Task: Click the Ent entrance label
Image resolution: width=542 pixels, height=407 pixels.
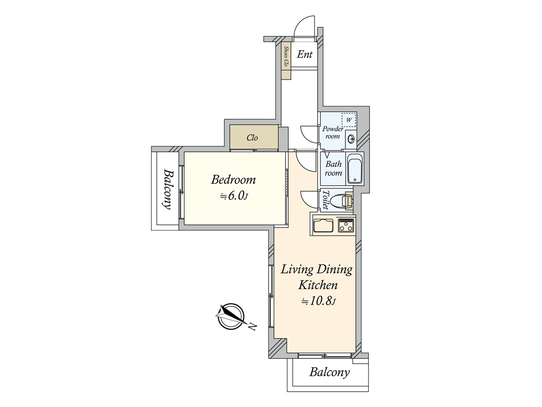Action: pos(305,54)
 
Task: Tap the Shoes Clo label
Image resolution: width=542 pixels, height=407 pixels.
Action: pos(286,56)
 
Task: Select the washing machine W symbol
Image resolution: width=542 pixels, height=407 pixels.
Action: pos(349,120)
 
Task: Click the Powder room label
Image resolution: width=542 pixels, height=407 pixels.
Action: pos(333,133)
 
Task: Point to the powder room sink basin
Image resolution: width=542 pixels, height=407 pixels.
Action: pos(351,139)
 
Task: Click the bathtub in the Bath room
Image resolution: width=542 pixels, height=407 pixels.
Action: pos(355,168)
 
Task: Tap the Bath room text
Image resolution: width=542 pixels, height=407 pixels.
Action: pos(334,168)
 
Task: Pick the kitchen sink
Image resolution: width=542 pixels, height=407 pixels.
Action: pos(324,225)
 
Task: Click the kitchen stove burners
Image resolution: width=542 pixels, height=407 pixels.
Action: pos(346,225)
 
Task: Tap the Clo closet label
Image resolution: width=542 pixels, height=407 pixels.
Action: pos(252,138)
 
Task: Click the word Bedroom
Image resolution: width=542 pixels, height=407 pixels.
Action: pos(233,179)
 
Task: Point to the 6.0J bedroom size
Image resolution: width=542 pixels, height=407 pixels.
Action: pos(234,196)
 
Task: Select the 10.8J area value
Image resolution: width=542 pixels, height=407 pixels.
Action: pos(318,302)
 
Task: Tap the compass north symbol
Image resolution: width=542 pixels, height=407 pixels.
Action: pos(231,316)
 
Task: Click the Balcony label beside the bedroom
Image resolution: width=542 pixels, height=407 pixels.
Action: pos(168,189)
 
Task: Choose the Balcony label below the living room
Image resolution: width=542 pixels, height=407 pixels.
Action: pos(329,379)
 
